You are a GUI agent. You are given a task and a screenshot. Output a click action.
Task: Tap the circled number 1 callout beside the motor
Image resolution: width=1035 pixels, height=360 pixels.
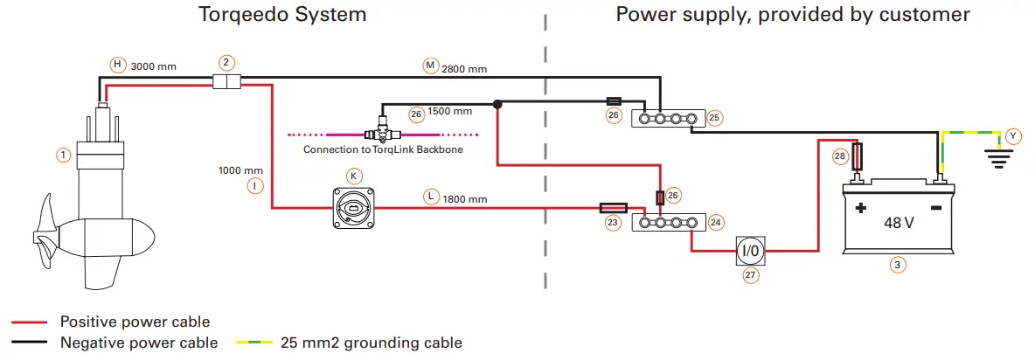pyautogui.click(x=63, y=155)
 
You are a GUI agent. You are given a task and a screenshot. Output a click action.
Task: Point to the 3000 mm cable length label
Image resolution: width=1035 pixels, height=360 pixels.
pyautogui.click(x=155, y=66)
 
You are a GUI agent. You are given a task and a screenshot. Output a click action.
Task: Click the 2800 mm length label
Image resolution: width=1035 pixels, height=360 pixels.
pyautogui.click(x=466, y=67)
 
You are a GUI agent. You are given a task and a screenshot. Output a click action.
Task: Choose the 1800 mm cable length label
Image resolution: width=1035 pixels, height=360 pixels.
pyautogui.click(x=466, y=198)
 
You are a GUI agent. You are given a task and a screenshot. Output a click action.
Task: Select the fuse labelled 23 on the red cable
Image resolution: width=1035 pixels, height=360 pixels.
pyautogui.click(x=612, y=208)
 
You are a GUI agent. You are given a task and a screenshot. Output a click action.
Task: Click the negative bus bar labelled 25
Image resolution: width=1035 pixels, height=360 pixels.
pyautogui.click(x=670, y=117)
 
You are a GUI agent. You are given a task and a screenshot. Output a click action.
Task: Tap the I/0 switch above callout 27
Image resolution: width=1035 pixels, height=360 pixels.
pyautogui.click(x=750, y=252)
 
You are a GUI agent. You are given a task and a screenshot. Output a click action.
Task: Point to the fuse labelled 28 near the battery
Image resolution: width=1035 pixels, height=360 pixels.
pyautogui.click(x=859, y=157)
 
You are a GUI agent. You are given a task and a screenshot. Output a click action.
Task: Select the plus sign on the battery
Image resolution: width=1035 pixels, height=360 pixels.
pyautogui.click(x=860, y=208)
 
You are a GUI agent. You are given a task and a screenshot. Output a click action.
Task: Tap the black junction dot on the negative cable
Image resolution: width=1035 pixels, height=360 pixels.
pyautogui.click(x=497, y=104)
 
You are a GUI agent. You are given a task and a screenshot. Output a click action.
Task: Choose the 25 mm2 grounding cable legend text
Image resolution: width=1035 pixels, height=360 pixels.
pyautogui.click(x=371, y=343)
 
